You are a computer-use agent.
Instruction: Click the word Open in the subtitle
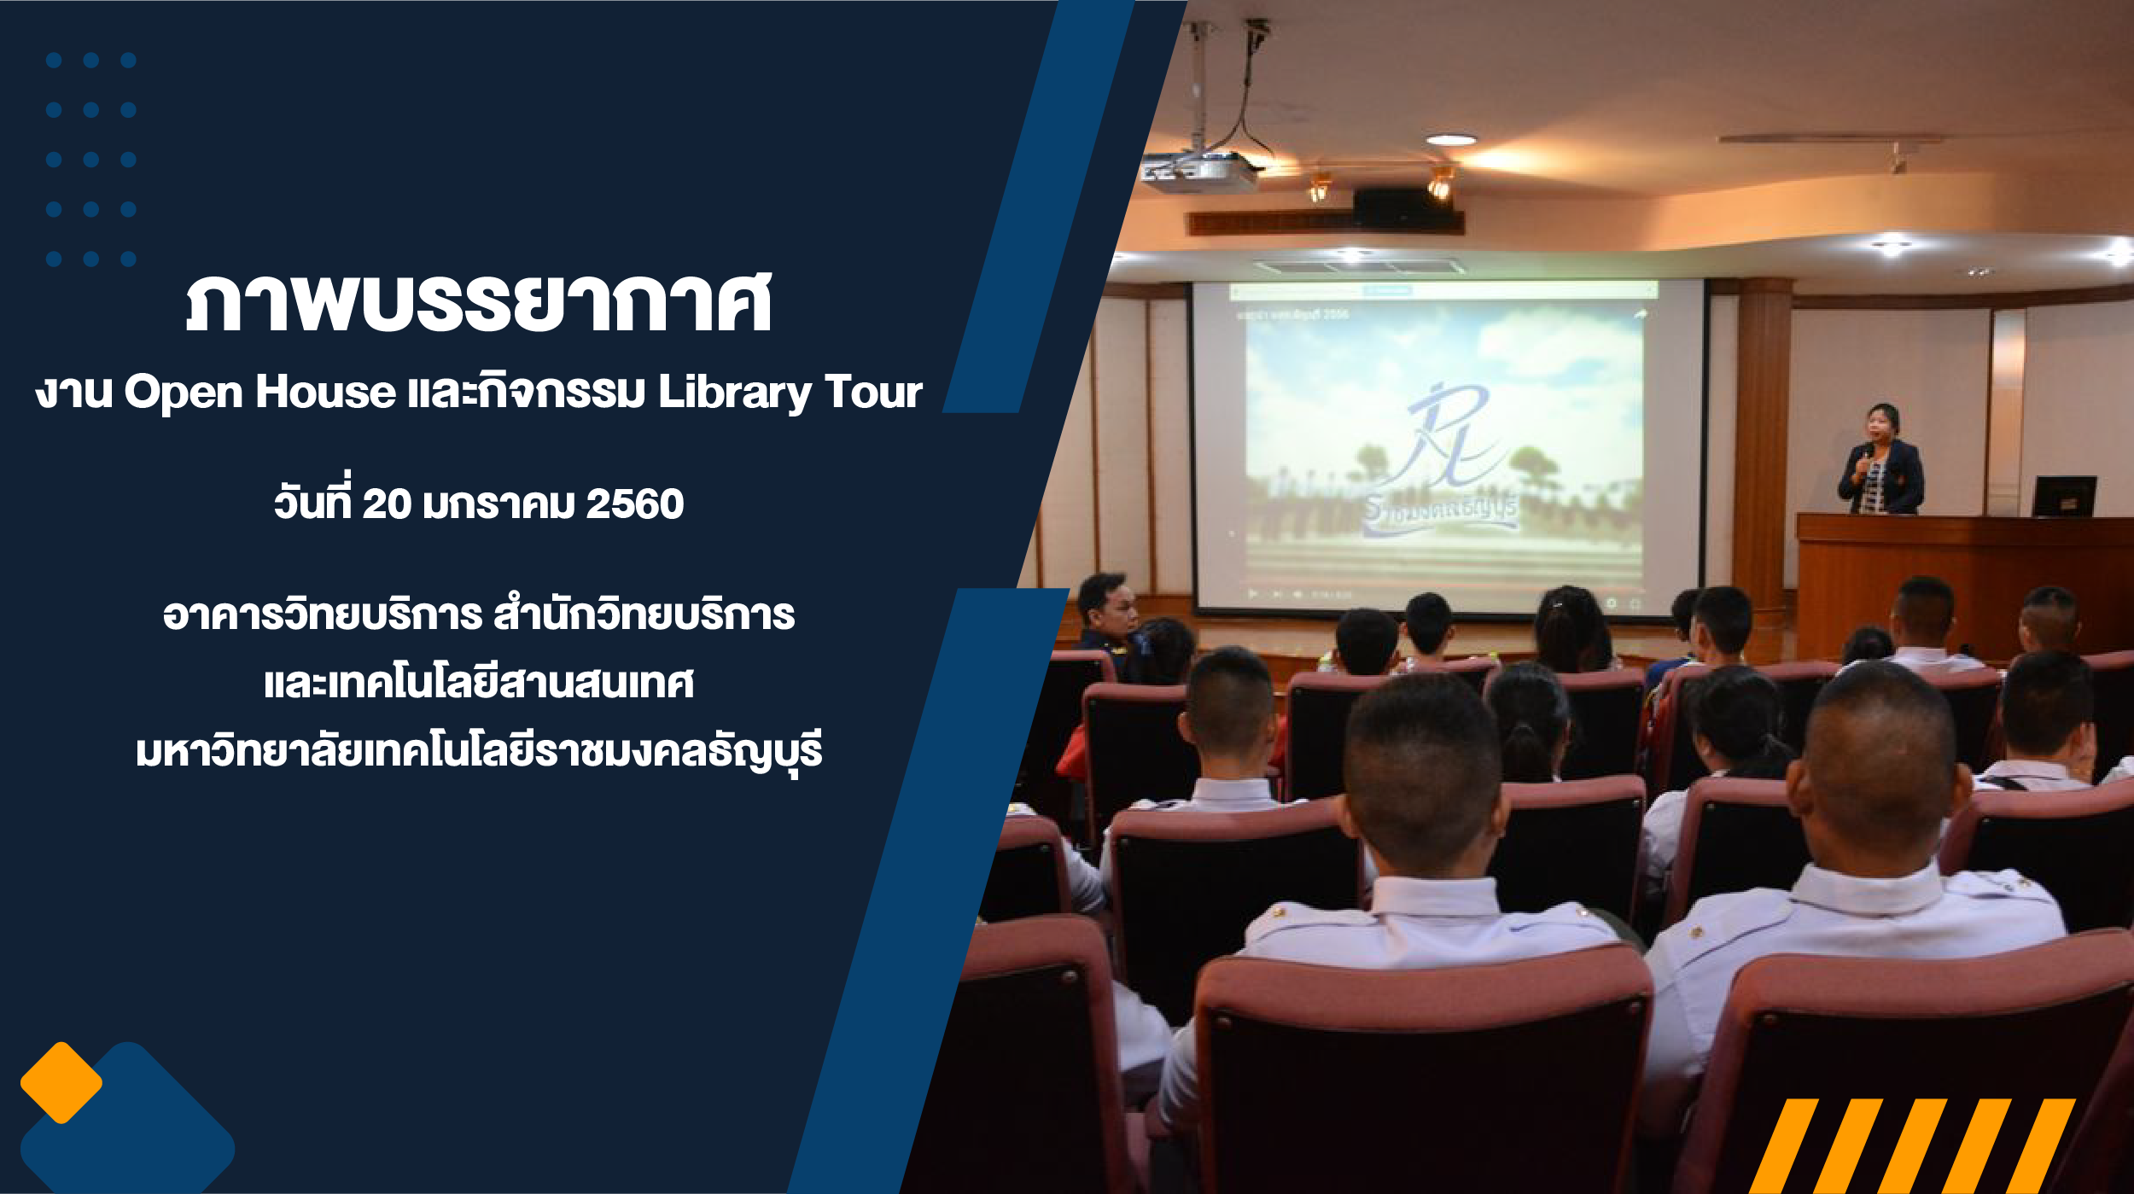tap(184, 393)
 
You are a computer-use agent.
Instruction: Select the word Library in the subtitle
tap(735, 393)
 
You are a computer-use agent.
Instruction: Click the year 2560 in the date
tap(634, 504)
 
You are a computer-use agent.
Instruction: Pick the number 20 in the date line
tap(387, 504)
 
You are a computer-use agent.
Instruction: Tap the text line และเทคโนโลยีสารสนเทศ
tap(479, 683)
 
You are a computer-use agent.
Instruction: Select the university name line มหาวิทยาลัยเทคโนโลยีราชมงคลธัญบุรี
tap(479, 751)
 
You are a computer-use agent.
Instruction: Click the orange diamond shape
tap(61, 1082)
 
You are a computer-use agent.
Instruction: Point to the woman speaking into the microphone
tap(1881, 461)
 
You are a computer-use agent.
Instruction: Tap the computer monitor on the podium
tap(2064, 496)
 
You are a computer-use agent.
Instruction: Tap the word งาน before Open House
tap(73, 393)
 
